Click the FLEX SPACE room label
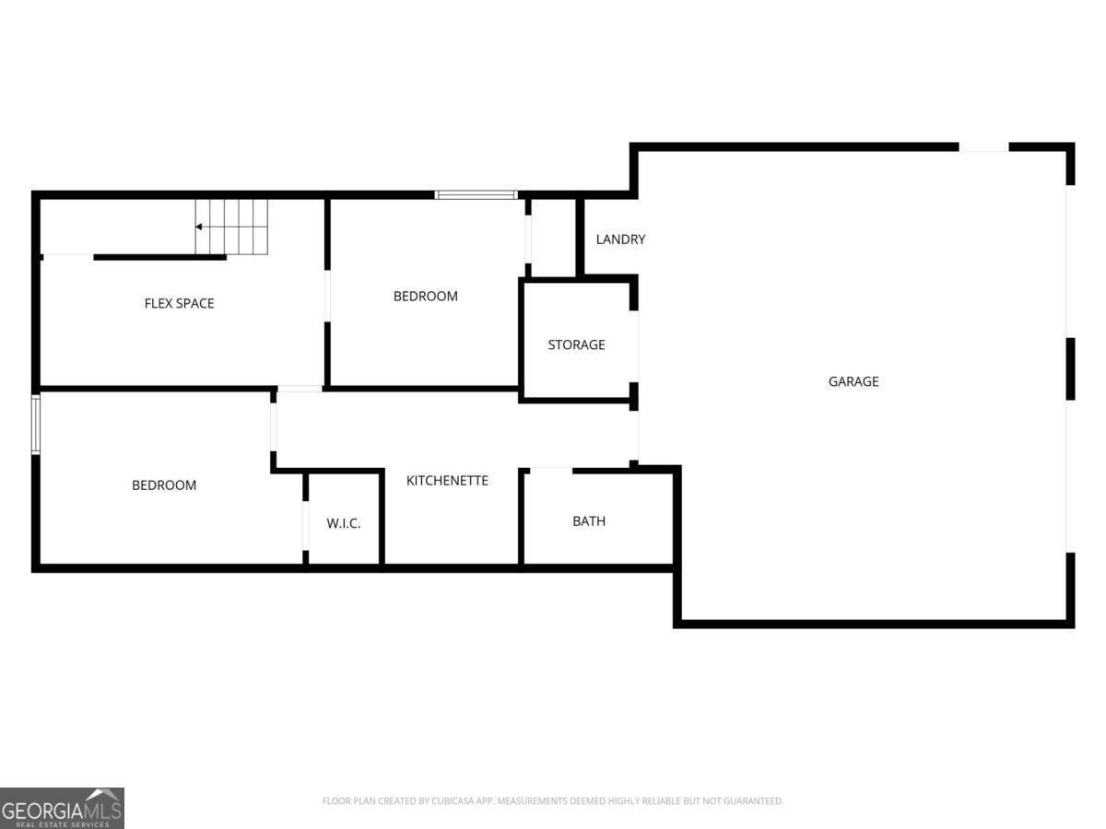click(179, 303)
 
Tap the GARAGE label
click(853, 381)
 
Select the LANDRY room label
click(620, 239)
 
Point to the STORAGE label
click(576, 344)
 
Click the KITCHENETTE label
click(447, 481)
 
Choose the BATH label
click(589, 521)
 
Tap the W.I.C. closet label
click(343, 523)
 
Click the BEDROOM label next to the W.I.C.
click(164, 485)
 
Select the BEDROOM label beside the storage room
click(425, 297)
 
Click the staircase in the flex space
click(231, 227)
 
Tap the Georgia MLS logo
click(62, 808)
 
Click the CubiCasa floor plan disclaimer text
click(552, 801)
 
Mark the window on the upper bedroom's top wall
click(476, 194)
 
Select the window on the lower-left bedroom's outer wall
click(36, 425)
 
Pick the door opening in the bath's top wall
click(549, 470)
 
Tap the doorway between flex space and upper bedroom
click(326, 296)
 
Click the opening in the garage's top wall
click(983, 147)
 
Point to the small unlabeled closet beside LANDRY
click(552, 238)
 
